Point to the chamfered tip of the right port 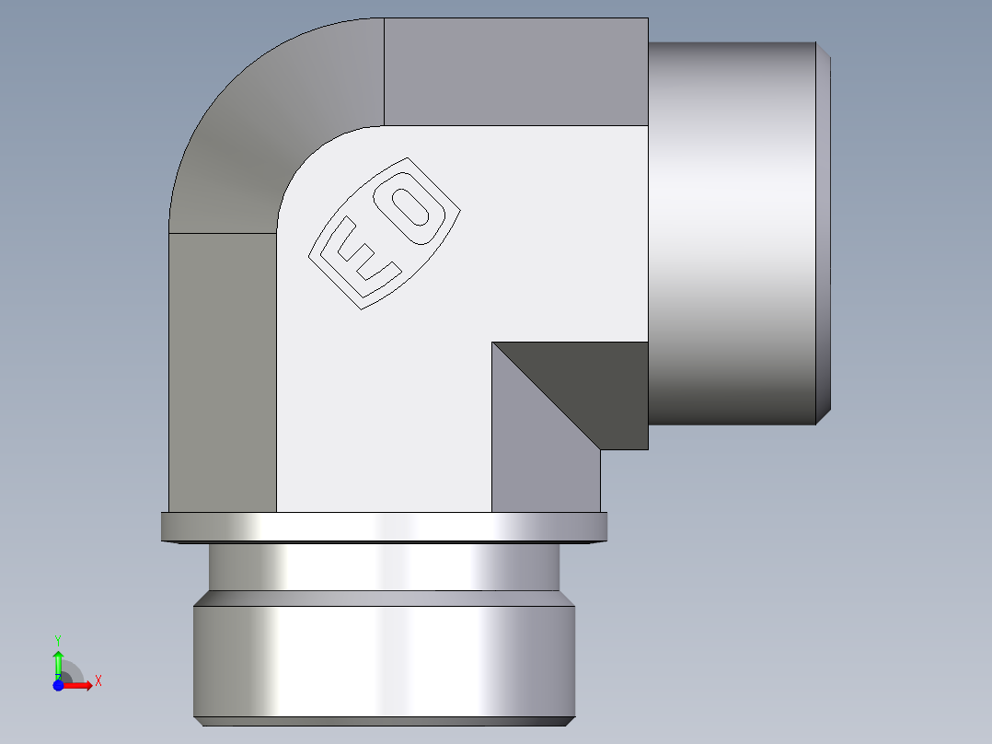(x=825, y=230)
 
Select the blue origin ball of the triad (x=58, y=686)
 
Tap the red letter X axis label (x=98, y=681)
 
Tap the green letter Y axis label (x=58, y=638)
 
